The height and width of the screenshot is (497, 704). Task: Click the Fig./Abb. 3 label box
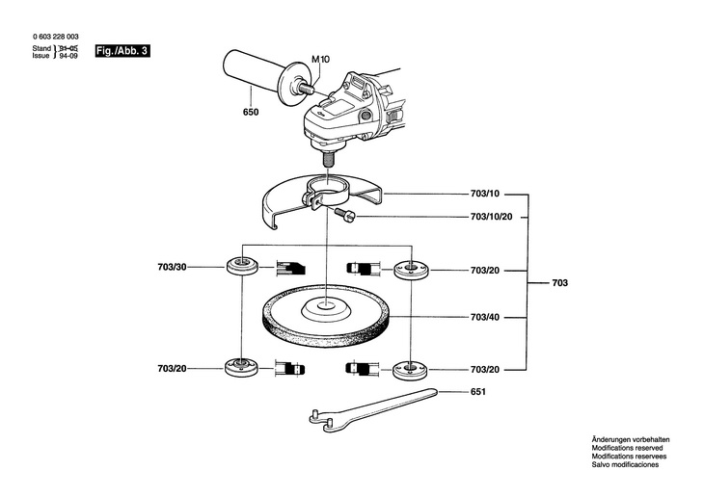click(122, 51)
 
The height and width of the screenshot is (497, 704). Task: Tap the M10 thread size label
click(320, 59)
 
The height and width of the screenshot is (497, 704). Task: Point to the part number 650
click(251, 112)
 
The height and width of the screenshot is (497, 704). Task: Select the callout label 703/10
click(485, 194)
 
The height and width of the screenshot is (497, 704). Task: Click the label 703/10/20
click(491, 217)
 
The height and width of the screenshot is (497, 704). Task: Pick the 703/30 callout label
click(172, 268)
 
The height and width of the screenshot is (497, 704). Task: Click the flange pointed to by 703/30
click(242, 267)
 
